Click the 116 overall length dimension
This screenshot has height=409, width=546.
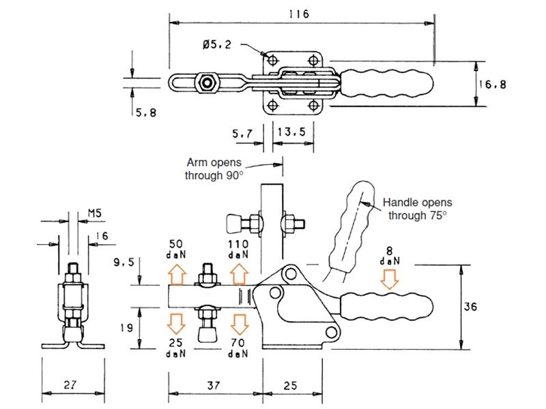pyautogui.click(x=299, y=14)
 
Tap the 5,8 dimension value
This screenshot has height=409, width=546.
pyautogui.click(x=145, y=112)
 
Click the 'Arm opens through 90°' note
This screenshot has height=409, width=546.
pyautogui.click(x=214, y=169)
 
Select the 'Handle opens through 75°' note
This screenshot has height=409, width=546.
pyautogui.click(x=416, y=209)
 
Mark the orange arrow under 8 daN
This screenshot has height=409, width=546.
pyautogui.click(x=390, y=279)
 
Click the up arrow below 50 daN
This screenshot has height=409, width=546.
pyautogui.click(x=177, y=273)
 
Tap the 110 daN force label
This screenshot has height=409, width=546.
pyautogui.click(x=238, y=247)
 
